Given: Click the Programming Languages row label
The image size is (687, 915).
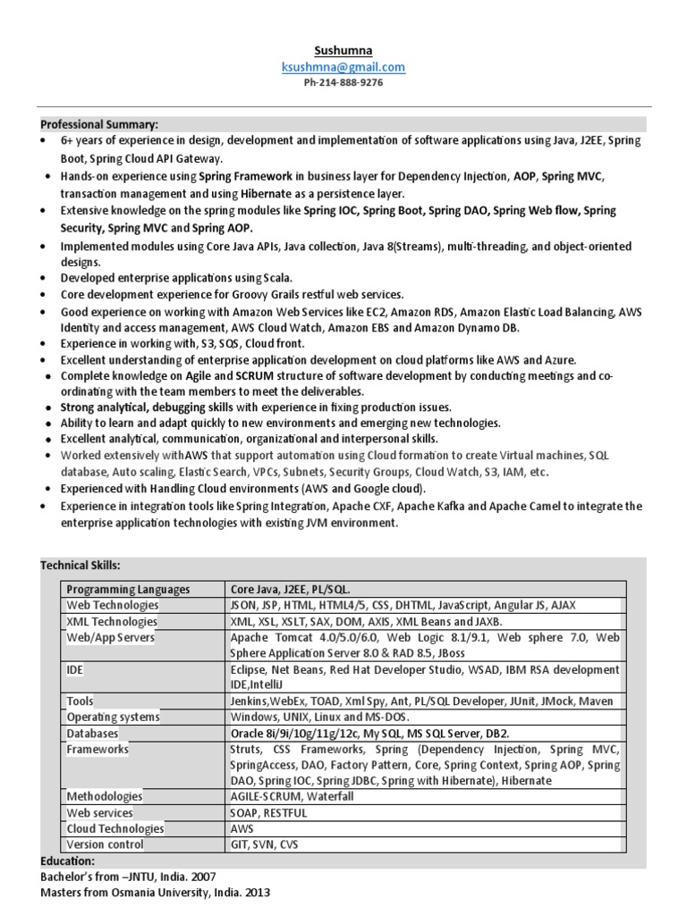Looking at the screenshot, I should coord(128,590).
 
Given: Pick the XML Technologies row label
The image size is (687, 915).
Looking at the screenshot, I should coord(112,622).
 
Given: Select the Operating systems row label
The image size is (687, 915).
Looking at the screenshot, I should coord(114,718).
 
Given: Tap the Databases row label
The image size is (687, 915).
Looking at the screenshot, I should coord(92,734).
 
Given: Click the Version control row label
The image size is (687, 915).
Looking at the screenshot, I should coord(105,844).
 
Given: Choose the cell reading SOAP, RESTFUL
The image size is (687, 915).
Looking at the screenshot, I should coord(268,813).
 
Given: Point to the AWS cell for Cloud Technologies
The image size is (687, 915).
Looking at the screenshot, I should coord(243,829).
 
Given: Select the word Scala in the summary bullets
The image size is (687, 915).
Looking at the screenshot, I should coord(275,278).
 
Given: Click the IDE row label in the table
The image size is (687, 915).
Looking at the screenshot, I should coord(76,669).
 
